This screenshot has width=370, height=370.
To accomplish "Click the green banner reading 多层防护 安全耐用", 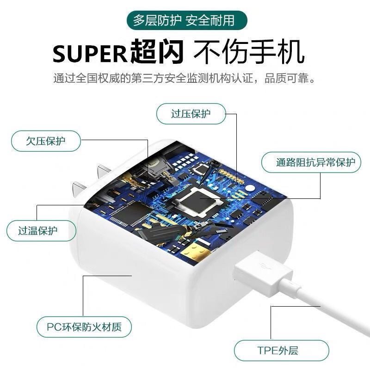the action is pos(184,20).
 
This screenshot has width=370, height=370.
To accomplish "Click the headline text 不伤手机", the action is pos(249,52).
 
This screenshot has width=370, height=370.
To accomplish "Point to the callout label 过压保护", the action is pos(191,114).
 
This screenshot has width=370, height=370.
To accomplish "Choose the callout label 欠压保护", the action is pos(45,141).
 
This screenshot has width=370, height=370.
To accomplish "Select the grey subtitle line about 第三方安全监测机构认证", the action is pos(185,78).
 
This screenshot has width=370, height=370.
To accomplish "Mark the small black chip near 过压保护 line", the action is pos(201,169).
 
